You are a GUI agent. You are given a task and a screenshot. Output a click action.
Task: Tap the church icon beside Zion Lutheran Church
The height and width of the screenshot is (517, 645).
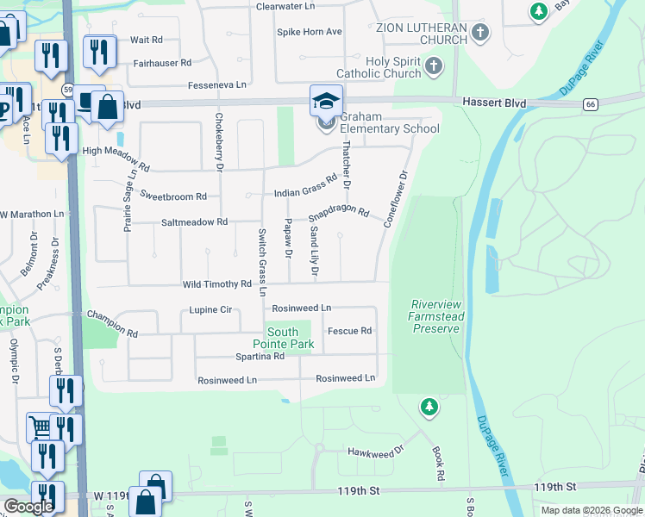[481, 34]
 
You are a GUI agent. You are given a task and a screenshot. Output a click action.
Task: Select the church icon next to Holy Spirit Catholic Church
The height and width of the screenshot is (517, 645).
[434, 66]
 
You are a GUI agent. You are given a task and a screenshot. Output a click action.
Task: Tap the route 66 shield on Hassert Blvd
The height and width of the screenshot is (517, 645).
[590, 104]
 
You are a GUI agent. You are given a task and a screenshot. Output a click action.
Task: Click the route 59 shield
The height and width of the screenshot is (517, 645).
[67, 89]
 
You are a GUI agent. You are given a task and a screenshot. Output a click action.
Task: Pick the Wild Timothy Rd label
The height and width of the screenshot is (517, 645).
[216, 284]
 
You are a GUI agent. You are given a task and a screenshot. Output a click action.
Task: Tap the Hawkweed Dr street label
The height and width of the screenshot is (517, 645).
[375, 451]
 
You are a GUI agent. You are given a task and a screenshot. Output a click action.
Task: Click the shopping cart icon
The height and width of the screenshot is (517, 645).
[40, 426]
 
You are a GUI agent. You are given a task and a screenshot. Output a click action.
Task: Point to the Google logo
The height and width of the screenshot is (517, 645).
[28, 507]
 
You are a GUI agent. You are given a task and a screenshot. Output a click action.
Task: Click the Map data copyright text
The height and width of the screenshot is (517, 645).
[592, 510]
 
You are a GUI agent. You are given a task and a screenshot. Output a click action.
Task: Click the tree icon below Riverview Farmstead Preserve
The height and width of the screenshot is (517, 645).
[429, 406]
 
